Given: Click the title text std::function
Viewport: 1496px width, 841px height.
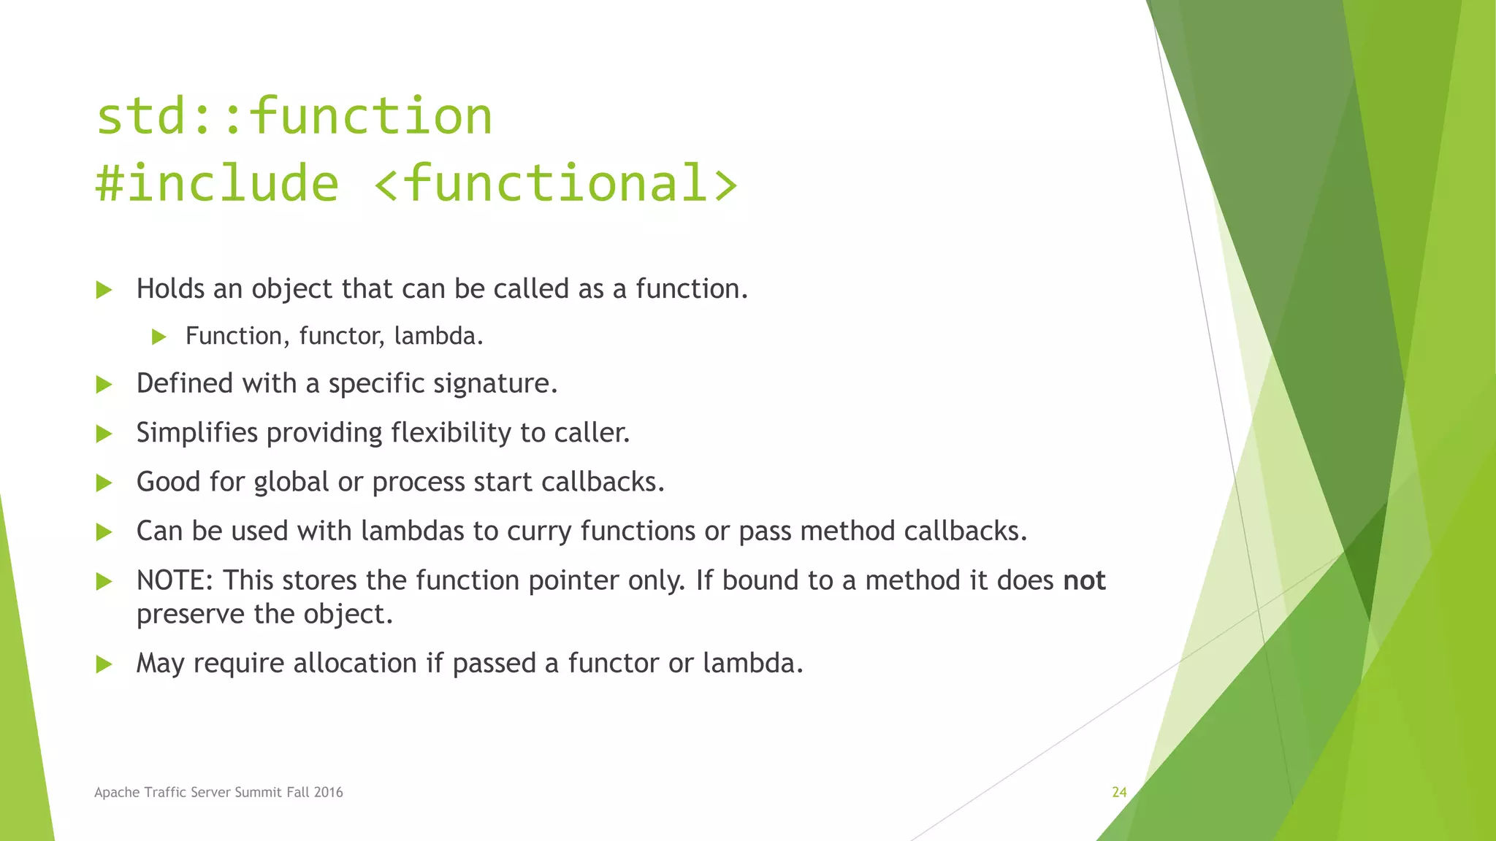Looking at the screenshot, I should pos(294,117).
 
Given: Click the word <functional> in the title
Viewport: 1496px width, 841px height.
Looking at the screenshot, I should pos(555,183).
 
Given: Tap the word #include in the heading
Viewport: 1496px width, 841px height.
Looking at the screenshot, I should pos(217,183).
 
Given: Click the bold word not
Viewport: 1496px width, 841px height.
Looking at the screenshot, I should pos(1084,580).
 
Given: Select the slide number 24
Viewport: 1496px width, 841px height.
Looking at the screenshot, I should pos(1119,792).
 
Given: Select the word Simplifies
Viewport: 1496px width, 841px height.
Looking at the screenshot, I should pos(197,433).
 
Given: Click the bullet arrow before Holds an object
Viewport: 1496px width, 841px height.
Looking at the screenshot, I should pos(104,291).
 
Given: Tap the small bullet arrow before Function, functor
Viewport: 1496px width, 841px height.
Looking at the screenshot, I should pos(159,337).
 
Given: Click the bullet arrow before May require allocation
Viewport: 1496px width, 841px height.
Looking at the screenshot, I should pos(104,664).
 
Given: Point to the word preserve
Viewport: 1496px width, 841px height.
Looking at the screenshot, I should pos(191,615).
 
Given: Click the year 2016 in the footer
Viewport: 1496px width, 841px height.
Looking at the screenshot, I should pos(328,793).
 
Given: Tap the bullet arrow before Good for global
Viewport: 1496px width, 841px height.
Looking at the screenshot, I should pos(104,483).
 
